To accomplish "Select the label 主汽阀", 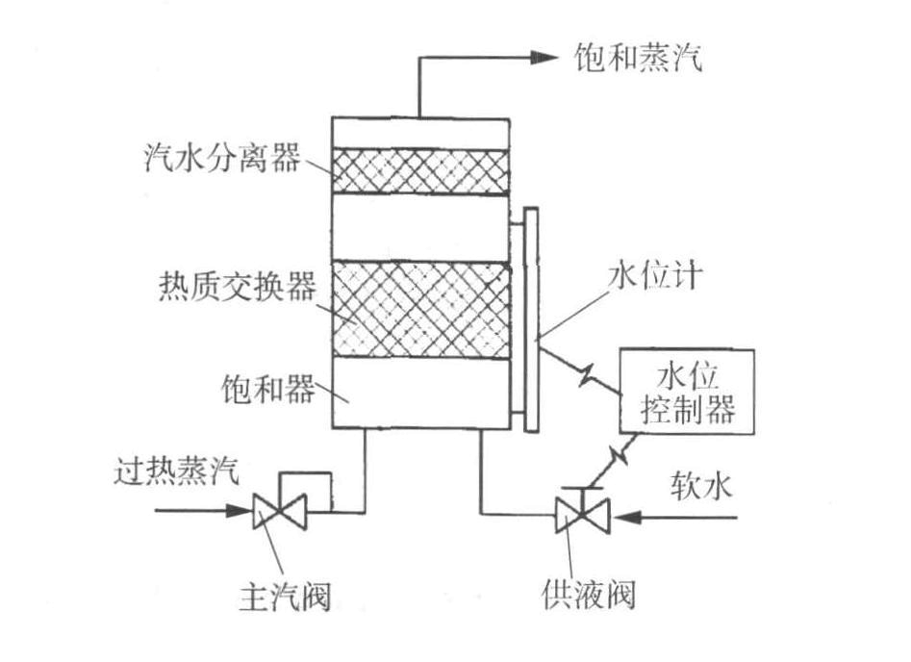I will point(283,597).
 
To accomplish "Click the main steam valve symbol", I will point(279,510).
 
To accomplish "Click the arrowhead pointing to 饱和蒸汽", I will point(544,58).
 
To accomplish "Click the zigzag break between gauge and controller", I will point(585,375).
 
